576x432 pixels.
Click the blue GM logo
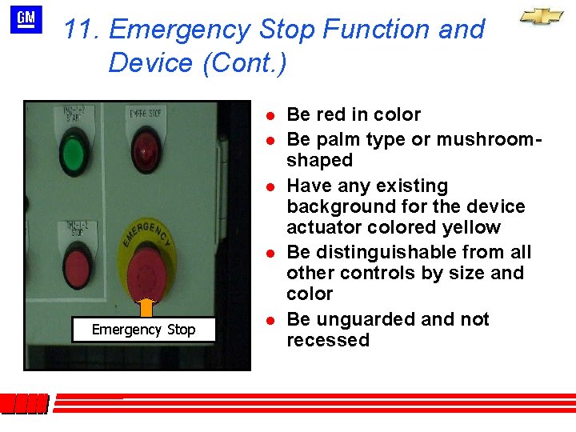pos(26,19)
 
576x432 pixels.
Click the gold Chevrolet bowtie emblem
pos(542,17)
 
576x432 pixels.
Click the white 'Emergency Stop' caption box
pos(143,330)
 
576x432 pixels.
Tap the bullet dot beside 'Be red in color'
pos(271,115)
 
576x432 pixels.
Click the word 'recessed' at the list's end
pos(328,340)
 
